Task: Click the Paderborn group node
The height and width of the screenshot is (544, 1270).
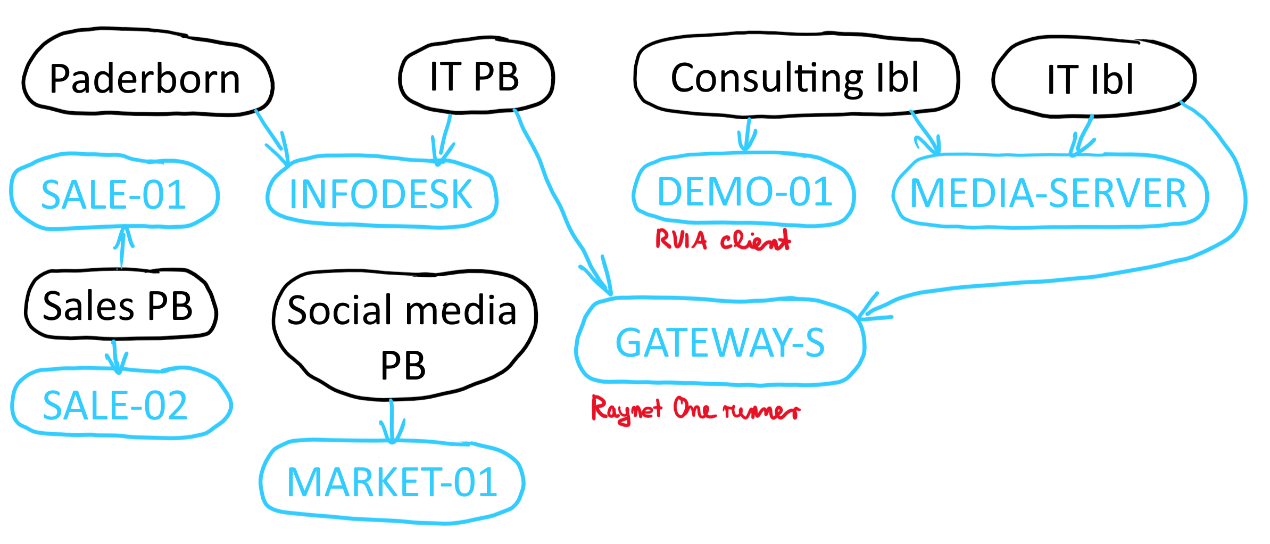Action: (146, 79)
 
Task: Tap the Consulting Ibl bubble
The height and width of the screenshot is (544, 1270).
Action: (795, 78)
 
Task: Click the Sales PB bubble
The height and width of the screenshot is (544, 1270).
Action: (119, 306)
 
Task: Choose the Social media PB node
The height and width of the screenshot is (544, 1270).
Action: (403, 335)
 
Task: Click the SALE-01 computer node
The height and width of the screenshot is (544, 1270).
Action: (113, 194)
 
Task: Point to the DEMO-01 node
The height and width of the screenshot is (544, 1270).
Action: (744, 192)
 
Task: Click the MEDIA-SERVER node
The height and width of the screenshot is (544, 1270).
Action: (1048, 193)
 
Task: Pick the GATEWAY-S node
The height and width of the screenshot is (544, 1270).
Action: (720, 342)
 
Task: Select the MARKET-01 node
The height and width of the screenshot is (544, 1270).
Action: (392, 482)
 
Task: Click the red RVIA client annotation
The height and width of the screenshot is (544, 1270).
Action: (723, 241)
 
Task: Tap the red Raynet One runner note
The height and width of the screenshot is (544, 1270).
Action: (695, 410)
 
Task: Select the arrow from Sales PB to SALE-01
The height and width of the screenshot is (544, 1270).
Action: (123, 247)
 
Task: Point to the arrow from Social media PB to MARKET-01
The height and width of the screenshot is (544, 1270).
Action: (392, 421)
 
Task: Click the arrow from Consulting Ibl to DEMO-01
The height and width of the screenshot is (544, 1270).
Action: (748, 134)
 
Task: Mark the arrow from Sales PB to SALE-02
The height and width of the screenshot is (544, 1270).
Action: (115, 356)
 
